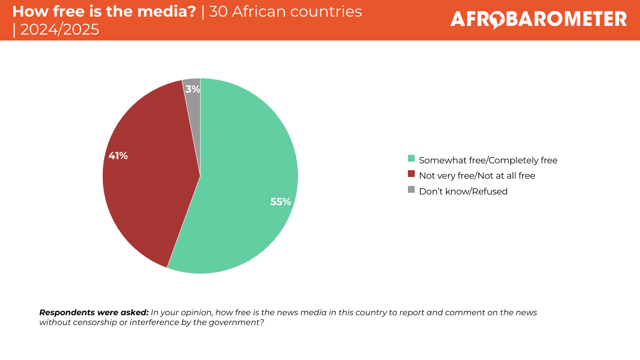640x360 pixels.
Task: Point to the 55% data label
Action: coord(280,202)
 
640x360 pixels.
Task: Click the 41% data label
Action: coord(118,156)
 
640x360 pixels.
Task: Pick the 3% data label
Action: coord(192,89)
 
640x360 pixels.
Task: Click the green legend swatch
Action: coord(411,159)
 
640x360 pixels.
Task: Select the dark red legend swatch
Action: coord(411,174)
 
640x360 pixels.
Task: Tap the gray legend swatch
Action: coord(411,189)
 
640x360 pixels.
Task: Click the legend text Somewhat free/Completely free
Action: coord(488,160)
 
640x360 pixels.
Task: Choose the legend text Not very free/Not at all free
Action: coord(477,176)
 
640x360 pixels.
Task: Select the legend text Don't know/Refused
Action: coord(463,192)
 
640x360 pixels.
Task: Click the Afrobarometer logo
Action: coord(538,20)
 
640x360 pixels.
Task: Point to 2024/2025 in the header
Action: coord(60,29)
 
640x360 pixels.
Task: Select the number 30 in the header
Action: coord(218,12)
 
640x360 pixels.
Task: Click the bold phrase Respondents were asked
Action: coord(93,313)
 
